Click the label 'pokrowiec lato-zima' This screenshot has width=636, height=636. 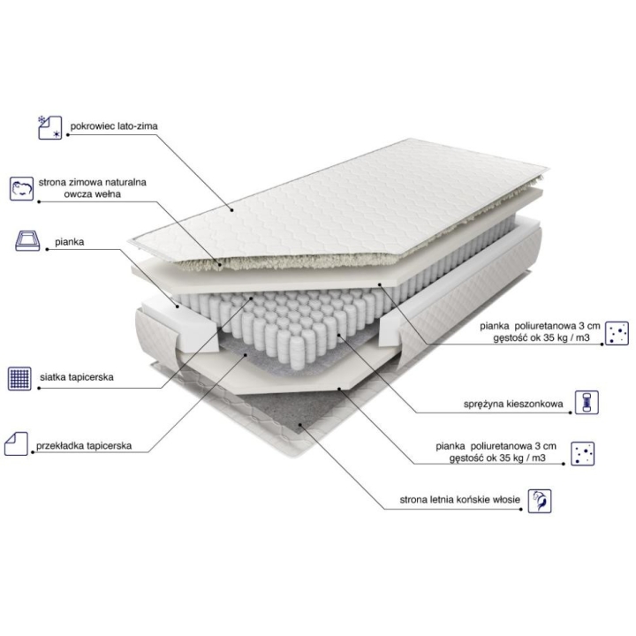click(114, 126)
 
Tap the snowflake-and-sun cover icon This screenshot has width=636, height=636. click(49, 127)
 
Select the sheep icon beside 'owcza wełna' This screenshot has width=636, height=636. click(21, 189)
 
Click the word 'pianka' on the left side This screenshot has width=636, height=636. click(70, 242)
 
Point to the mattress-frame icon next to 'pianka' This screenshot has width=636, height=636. click(27, 241)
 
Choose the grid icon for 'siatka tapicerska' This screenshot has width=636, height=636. click(19, 379)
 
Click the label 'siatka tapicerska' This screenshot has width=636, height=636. click(77, 377)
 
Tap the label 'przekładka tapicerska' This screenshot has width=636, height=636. click(84, 446)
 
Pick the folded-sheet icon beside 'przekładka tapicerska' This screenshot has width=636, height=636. click(16, 443)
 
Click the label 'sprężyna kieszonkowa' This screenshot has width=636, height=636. click(513, 404)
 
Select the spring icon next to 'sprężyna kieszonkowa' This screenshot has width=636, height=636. click(587, 403)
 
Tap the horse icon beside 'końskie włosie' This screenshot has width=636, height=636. click(540, 501)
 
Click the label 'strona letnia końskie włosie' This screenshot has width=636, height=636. click(459, 500)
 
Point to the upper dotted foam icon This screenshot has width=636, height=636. click(617, 333)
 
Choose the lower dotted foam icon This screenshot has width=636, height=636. click(582, 453)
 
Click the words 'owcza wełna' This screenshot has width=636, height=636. click(92, 193)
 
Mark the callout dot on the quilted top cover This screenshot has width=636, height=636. click(231, 209)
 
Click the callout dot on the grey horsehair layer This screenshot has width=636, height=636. click(300, 425)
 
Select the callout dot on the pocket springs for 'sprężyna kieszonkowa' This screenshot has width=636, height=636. click(338, 335)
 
